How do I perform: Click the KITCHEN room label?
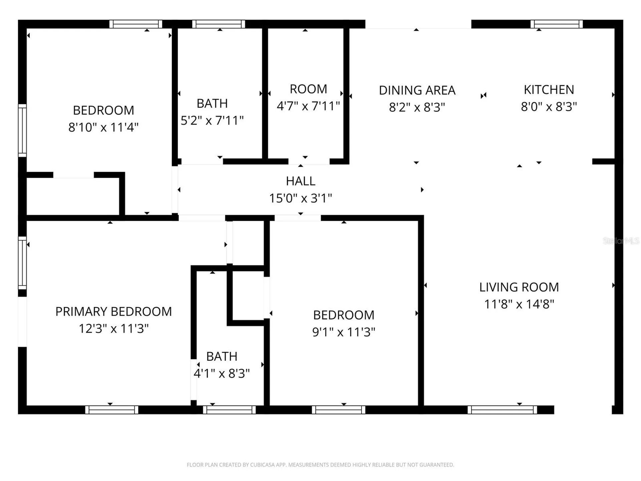549,90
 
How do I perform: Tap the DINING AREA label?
417,91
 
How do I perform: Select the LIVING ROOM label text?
519,287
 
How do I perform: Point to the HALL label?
300,181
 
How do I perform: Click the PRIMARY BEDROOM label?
114,312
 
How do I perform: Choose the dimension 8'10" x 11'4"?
103,127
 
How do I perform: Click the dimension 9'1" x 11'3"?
344,332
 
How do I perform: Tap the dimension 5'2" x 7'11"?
212,120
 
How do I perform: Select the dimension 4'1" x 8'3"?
222,373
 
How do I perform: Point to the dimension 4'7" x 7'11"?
308,106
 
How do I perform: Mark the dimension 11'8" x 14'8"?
519,304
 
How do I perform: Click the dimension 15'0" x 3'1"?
300,198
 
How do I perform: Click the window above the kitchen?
557,24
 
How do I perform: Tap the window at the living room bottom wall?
502,410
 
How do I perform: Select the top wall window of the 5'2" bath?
219,24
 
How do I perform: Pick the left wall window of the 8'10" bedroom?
22,130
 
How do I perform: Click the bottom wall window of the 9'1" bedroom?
339,410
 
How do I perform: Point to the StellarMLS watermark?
621,241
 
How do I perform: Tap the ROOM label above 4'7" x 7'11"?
308,89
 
